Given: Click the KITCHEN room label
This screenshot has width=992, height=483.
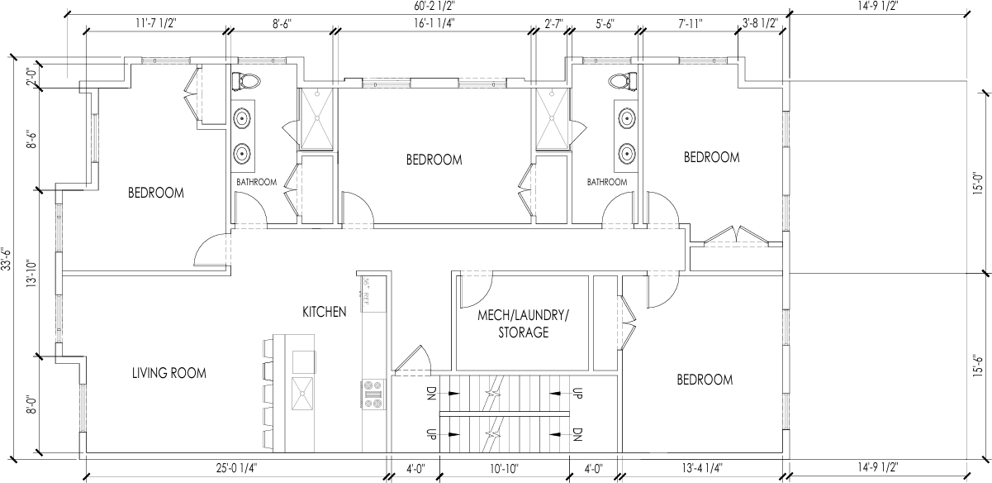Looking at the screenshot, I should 324,312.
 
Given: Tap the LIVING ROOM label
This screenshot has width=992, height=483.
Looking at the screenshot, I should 169,373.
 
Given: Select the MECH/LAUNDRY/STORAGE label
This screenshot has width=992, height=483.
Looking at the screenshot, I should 524,323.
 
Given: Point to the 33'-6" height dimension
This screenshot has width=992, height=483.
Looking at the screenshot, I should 7,259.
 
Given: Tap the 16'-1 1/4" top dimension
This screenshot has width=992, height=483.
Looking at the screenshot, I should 433,24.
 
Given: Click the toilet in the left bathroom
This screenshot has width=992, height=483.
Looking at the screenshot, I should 247,81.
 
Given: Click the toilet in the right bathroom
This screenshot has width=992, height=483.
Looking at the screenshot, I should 624,81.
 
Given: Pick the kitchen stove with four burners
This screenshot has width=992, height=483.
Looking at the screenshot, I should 374,394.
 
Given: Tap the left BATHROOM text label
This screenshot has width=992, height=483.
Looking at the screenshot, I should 256,182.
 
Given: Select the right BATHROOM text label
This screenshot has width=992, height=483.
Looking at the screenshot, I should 607,182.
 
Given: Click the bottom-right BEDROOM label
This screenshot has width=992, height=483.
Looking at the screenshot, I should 705,380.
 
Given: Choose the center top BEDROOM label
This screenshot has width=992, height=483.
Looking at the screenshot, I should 434,160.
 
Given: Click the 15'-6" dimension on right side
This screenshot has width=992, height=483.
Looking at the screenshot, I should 979,364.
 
